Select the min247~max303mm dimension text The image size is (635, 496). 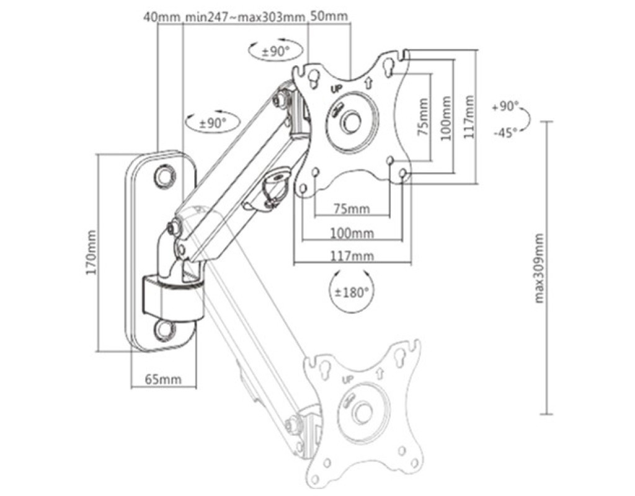pyautogui.click(x=246, y=17)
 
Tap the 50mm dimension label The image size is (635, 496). pyautogui.click(x=329, y=16)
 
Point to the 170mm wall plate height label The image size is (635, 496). pyautogui.click(x=92, y=252)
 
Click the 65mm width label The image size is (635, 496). pyautogui.click(x=163, y=379)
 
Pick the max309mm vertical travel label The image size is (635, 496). pyautogui.click(x=539, y=268)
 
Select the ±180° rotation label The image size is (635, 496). pyautogui.click(x=352, y=292)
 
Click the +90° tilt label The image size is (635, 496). pyautogui.click(x=505, y=107)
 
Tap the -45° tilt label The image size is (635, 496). pyautogui.click(x=506, y=132)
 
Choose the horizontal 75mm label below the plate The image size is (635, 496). pyautogui.click(x=352, y=208)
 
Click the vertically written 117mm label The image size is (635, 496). pyautogui.click(x=469, y=117)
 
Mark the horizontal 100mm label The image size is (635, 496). pyautogui.click(x=352, y=233)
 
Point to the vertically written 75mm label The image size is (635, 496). pyautogui.click(x=423, y=117)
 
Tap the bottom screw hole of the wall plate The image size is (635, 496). pyautogui.click(x=165, y=330)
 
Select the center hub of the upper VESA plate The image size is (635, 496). pyautogui.click(x=351, y=122)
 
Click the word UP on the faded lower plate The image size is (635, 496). pyautogui.click(x=348, y=379)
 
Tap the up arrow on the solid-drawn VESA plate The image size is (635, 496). pyautogui.click(x=368, y=83)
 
